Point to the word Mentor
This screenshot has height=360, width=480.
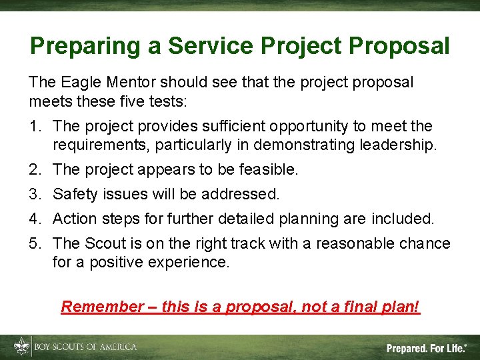click(135, 83)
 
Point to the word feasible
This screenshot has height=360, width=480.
click(265, 170)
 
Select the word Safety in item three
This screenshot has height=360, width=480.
click(74, 195)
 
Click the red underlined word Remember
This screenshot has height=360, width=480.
click(102, 307)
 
